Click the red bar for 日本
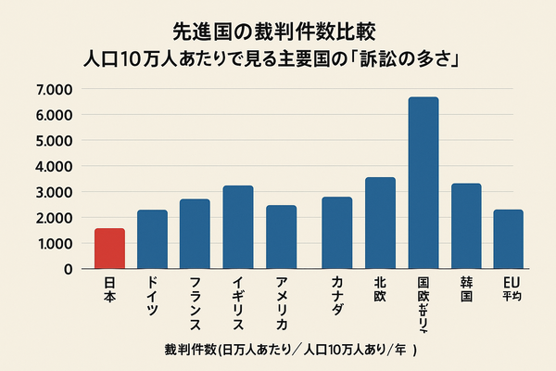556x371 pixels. click(109, 248)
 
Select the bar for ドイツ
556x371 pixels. click(152, 239)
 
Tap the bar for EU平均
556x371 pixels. click(508, 239)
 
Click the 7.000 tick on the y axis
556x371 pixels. click(55, 90)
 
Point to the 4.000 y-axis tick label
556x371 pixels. click(55, 167)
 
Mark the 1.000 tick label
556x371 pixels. click(55, 243)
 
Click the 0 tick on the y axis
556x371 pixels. click(68, 269)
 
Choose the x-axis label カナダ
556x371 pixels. click(336, 296)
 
